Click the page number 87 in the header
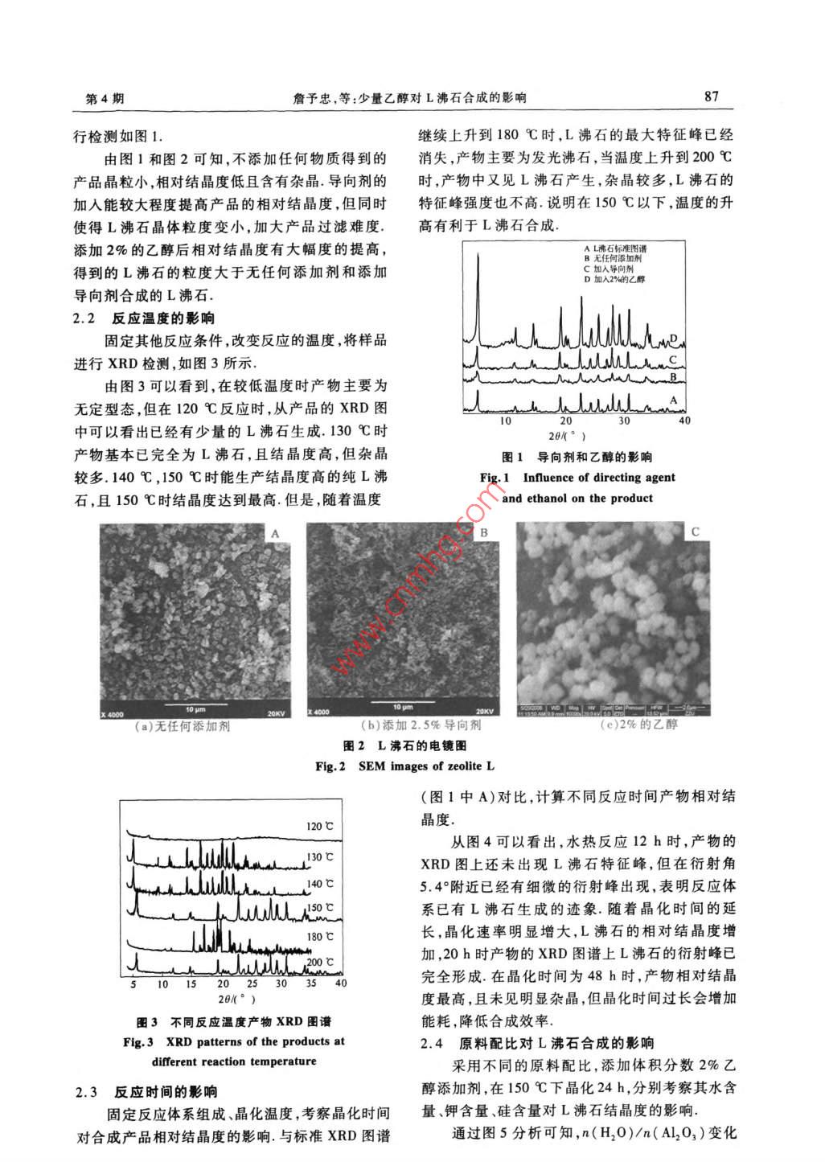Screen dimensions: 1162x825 tap(711, 97)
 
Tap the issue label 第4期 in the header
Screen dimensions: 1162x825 tap(105, 98)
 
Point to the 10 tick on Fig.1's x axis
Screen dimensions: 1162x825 tap(506, 421)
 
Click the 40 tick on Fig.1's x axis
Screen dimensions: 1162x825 tap(684, 421)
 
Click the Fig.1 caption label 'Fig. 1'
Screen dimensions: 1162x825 tap(495, 478)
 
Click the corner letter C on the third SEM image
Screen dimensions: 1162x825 tap(696, 532)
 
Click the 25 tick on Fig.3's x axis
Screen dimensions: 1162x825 tap(252, 983)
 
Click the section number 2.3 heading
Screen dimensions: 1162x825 tap(86, 1092)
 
